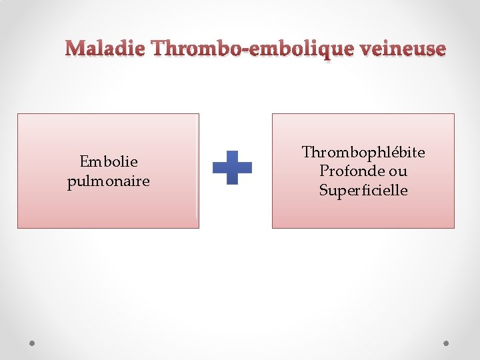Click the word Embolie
pyautogui.click(x=109, y=162)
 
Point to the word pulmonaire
pyautogui.click(x=109, y=181)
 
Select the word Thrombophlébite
pyautogui.click(x=363, y=153)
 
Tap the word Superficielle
pyautogui.click(x=363, y=191)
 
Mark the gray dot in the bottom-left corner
pyautogui.click(x=33, y=343)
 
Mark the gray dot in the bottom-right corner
pyautogui.click(x=447, y=343)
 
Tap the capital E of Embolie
pyautogui.click(x=84, y=162)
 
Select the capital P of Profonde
pyautogui.click(x=323, y=171)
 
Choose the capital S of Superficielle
pyautogui.click(x=323, y=191)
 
